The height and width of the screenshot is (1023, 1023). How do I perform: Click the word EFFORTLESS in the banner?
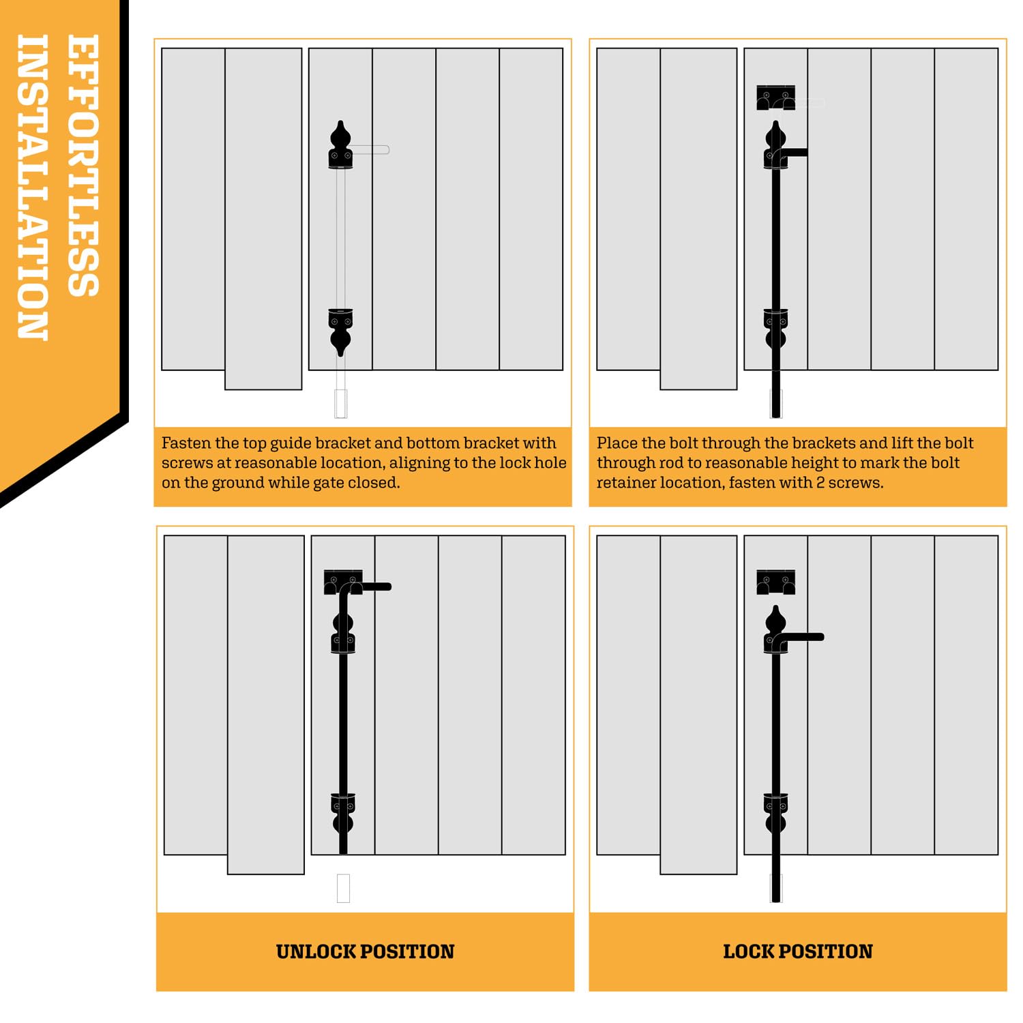pos(83,165)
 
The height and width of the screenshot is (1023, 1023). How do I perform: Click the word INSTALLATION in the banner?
pos(32,187)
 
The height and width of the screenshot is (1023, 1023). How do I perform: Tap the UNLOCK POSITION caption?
pos(365,951)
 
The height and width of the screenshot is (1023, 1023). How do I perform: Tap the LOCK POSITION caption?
pos(797,951)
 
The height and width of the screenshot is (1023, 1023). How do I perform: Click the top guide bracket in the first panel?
pos(340,157)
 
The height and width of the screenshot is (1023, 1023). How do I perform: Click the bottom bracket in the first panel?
pos(340,321)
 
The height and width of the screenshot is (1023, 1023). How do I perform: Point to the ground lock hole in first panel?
pos(341,403)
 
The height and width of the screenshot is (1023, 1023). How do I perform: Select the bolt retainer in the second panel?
pos(775,98)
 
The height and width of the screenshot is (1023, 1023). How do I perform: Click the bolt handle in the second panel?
pos(795,153)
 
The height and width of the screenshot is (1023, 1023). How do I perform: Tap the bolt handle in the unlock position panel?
pos(375,587)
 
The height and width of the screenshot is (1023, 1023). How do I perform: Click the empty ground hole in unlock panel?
pos(343,888)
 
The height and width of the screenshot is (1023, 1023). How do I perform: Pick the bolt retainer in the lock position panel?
pos(775,582)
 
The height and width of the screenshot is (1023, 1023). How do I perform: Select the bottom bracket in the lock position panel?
pos(775,805)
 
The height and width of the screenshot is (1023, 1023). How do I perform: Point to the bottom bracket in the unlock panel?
pos(343,805)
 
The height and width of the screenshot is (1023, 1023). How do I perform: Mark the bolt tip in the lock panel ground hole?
pos(775,890)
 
